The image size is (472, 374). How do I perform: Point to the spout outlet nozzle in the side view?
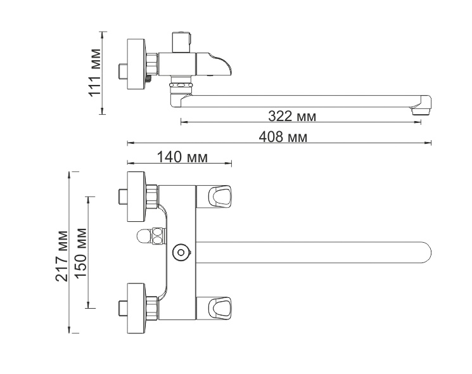pyautogui.click(x=423, y=107)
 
